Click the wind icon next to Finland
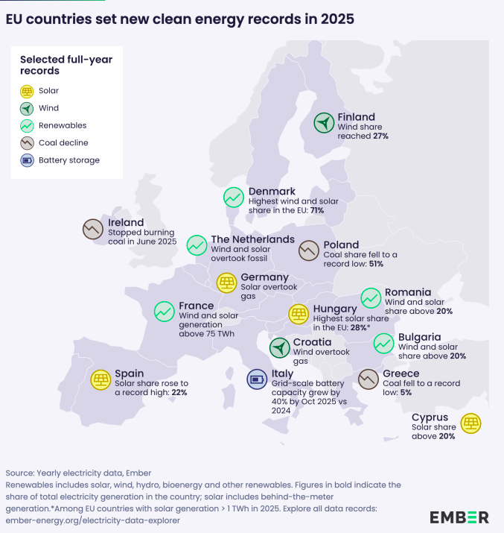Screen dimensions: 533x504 coord(324,123)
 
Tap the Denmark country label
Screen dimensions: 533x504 coord(272,192)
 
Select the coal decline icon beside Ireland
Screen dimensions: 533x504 coord(93,229)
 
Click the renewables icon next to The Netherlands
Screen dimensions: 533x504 coord(197,245)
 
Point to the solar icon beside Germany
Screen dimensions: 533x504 coord(226,283)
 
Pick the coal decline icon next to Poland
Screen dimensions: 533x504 coord(309,250)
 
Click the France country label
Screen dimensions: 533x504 coord(197,306)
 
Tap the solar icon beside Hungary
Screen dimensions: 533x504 coord(299,314)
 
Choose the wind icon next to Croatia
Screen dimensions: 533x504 coord(279,347)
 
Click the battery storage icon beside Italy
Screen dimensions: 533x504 coord(257,379)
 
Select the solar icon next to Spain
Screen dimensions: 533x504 coord(101,379)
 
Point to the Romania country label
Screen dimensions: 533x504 coord(407,292)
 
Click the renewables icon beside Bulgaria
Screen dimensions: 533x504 coord(383,343)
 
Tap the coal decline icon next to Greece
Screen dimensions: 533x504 coord(369,379)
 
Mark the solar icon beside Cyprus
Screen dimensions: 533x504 coord(470,424)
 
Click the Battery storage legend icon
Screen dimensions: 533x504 coord(27,160)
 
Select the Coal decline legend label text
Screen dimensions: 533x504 coord(63,142)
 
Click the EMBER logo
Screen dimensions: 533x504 coord(459,517)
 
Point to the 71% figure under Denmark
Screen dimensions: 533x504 coord(315,211)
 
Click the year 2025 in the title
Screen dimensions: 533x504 coord(333,16)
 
